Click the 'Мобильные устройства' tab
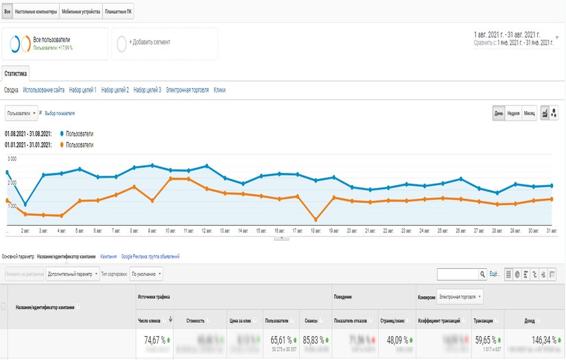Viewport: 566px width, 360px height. point(81,12)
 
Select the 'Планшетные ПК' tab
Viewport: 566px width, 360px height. point(119,12)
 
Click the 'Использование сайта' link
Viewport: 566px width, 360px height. point(44,90)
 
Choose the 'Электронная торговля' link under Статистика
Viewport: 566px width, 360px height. point(187,90)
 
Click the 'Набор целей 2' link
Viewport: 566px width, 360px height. point(115,90)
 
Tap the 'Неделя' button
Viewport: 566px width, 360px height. point(512,113)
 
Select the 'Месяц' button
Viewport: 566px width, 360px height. point(529,113)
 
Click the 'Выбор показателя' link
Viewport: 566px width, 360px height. point(60,113)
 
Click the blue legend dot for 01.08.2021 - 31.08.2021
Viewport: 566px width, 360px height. point(62,133)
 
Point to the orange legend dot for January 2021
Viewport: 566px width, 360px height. point(62,145)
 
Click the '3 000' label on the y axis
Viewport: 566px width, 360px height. point(12,158)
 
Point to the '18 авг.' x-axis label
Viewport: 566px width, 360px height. point(316,231)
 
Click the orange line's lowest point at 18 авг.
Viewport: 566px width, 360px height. point(316,219)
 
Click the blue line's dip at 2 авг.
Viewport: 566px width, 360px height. point(25,204)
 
